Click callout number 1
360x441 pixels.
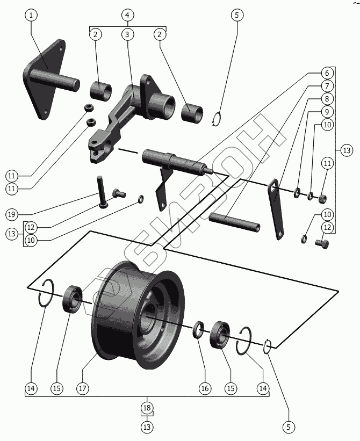31,15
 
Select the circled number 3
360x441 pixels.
127,34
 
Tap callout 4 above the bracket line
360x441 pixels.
127,15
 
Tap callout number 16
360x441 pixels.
204,388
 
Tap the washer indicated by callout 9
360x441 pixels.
297,193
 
